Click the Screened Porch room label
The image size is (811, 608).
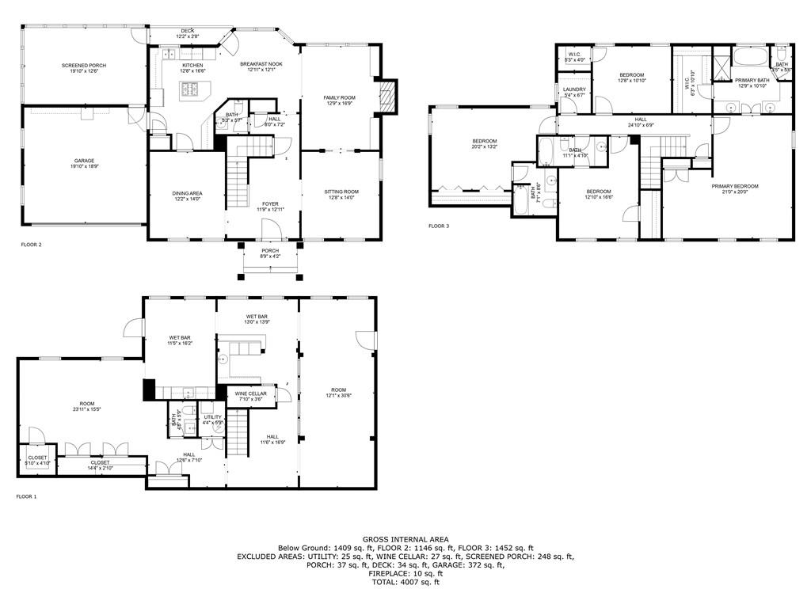pyautogui.click(x=84, y=66)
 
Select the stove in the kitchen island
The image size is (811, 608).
pyautogui.click(x=191, y=89)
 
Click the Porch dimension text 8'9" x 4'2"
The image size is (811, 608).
pyautogui.click(x=270, y=256)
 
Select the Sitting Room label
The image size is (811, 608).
pyautogui.click(x=341, y=192)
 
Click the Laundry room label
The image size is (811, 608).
pyautogui.click(x=574, y=89)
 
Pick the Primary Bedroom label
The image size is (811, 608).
pyautogui.click(x=734, y=186)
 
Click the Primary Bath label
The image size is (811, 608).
pyautogui.click(x=752, y=80)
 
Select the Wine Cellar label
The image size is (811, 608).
pyautogui.click(x=250, y=393)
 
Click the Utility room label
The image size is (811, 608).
pyautogui.click(x=213, y=416)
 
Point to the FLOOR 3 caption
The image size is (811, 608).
pyautogui.click(x=439, y=226)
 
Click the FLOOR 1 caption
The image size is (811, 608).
pyautogui.click(x=26, y=496)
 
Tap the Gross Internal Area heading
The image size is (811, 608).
pyautogui.click(x=405, y=539)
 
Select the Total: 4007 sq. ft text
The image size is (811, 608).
pyautogui.click(x=405, y=583)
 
